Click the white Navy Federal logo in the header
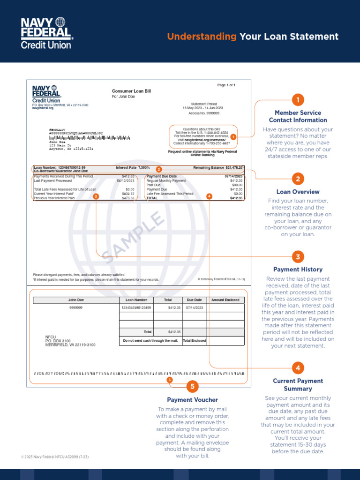46,33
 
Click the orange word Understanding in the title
202,37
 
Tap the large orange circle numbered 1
298,100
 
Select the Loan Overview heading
298,192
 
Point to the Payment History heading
298,270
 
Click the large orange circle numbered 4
298,367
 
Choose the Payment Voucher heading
192,400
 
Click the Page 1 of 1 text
226,85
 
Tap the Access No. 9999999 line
204,113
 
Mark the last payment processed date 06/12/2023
125,180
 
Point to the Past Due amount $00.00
237,185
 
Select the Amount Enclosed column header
225,300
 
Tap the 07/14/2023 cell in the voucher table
194,308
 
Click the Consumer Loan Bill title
131,90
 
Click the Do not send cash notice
150,341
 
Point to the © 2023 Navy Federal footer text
55,457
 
